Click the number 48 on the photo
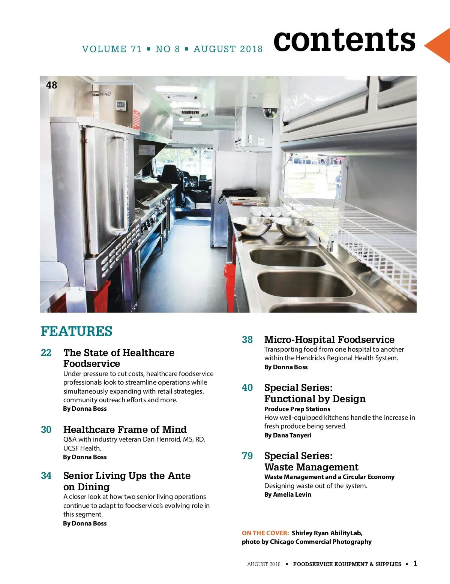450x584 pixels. click(51, 85)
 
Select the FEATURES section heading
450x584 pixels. click(76, 331)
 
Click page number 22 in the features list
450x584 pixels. click(46, 353)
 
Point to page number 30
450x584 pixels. click(46, 430)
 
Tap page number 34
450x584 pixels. click(46, 476)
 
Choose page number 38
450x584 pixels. click(247, 340)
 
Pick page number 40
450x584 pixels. click(247, 388)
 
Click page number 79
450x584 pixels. click(247, 456)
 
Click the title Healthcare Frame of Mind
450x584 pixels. click(125, 430)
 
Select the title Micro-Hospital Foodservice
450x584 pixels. click(329, 340)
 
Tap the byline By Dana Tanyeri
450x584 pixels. click(288, 435)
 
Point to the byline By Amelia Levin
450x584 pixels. click(288, 494)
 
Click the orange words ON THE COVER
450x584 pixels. click(265, 533)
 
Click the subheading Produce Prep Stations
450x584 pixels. click(297, 409)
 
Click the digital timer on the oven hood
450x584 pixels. click(121, 105)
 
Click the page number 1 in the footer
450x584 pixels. click(415, 563)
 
